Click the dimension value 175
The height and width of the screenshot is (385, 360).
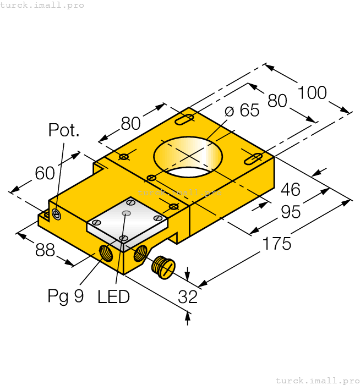[x=276, y=243]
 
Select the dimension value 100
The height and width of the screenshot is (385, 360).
[x=312, y=92]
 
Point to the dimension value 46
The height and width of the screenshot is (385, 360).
[x=290, y=190]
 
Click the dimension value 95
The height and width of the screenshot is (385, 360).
[x=290, y=211]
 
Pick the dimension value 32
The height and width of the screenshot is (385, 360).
[x=188, y=297]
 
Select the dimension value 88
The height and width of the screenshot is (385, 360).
[x=45, y=250]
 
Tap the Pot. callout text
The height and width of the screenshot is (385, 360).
[x=64, y=130]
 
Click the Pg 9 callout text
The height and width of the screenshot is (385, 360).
[x=66, y=296]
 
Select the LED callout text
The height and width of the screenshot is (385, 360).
[x=113, y=297]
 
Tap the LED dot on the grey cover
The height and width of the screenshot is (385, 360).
[x=127, y=213]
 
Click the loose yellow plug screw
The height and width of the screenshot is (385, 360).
[x=162, y=267]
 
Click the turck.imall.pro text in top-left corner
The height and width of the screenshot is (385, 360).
[x=43, y=5]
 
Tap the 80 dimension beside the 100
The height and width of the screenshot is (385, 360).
[x=277, y=101]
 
